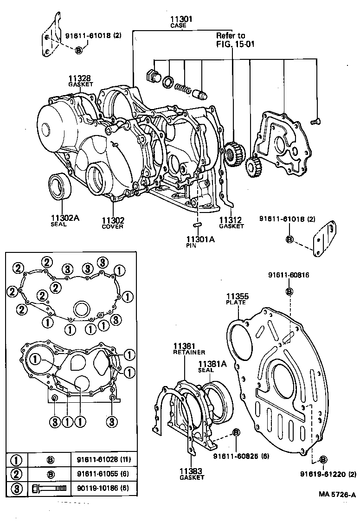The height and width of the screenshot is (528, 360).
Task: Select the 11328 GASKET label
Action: (x=81, y=81)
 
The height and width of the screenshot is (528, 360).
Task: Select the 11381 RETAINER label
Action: (x=186, y=349)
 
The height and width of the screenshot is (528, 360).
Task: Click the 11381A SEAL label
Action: (x=212, y=367)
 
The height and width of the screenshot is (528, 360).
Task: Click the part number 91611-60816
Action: (x=288, y=275)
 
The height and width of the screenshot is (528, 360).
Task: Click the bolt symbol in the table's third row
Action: (x=49, y=488)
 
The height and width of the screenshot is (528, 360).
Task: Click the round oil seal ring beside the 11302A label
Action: (x=61, y=187)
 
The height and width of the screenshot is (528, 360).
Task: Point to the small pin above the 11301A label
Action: (x=197, y=225)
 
